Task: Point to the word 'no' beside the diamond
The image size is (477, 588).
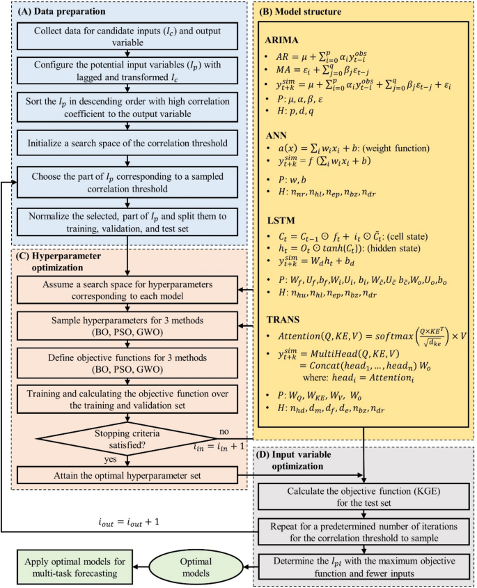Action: (223, 431)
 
